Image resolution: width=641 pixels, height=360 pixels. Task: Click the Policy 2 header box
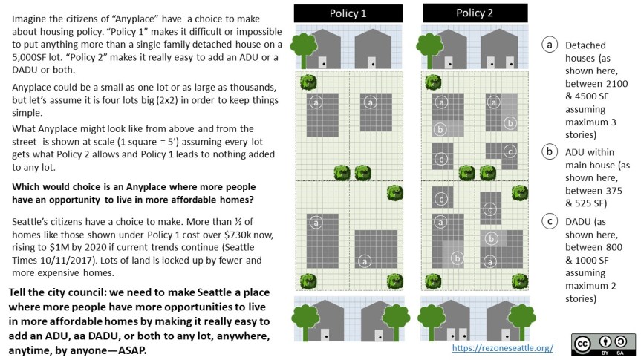pyautogui.click(x=475, y=13)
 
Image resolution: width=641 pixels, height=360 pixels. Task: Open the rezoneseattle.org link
pyautogui.click(x=501, y=347)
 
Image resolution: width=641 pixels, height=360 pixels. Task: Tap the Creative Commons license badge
pyautogui.click(x=603, y=344)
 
